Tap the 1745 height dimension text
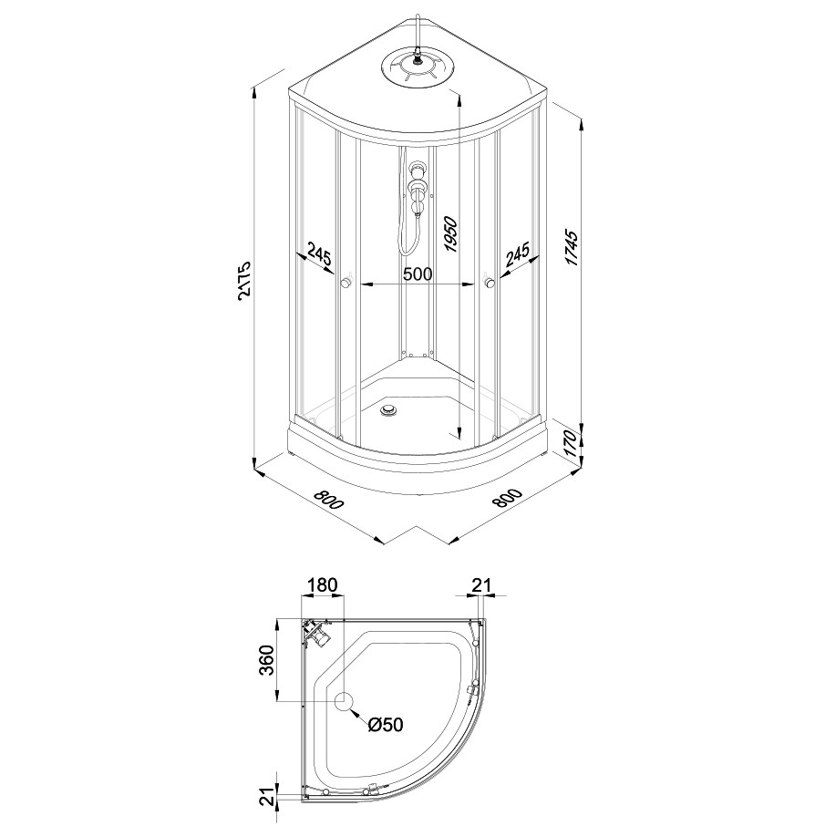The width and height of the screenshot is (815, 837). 572,248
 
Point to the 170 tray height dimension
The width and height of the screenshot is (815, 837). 571,442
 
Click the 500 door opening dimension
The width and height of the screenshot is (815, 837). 417,274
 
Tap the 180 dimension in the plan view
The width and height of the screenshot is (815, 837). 323,584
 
